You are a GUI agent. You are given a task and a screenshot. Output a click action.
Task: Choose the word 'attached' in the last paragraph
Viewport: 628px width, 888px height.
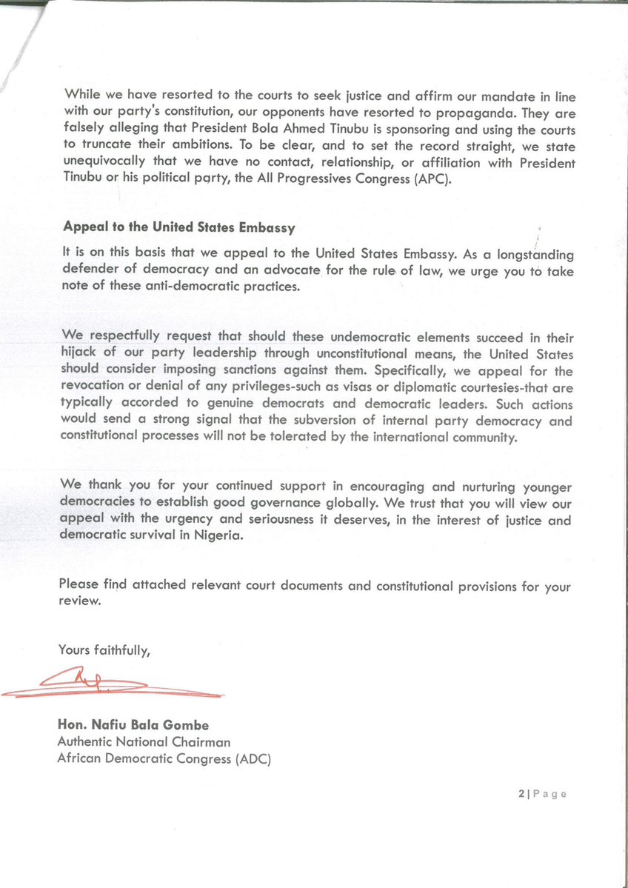tap(159, 586)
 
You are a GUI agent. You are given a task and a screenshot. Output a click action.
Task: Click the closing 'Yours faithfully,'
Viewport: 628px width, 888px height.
tap(104, 650)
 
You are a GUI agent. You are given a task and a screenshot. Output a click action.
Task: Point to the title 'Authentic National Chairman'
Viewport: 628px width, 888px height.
tap(144, 742)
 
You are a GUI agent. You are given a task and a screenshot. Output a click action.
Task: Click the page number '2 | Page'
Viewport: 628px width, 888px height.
tap(543, 794)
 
